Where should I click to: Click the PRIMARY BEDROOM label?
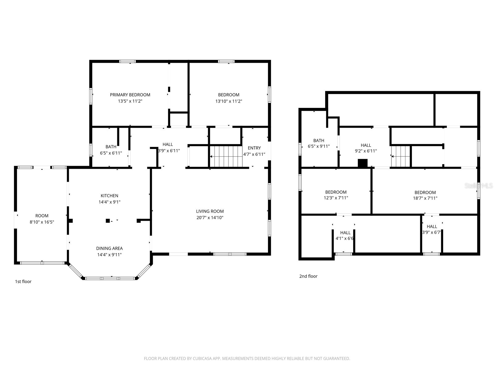pyautogui.click(x=130, y=95)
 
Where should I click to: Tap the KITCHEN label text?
pyautogui.click(x=109, y=196)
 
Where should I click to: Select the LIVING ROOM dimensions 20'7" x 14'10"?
pyautogui.click(x=210, y=218)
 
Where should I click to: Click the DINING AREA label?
pyautogui.click(x=109, y=248)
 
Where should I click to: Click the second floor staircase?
pyautogui.click(x=400, y=156)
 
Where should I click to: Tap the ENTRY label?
pyautogui.click(x=254, y=148)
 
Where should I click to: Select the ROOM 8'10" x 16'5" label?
pyautogui.click(x=42, y=219)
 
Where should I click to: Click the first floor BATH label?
pyautogui.click(x=111, y=147)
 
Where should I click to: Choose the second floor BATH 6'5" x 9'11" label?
pyautogui.click(x=319, y=143)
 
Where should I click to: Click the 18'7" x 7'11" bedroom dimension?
pyautogui.click(x=425, y=198)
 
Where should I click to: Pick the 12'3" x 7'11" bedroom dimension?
pyautogui.click(x=336, y=198)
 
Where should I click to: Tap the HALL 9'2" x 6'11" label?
pyautogui.click(x=366, y=148)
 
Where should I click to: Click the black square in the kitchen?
pyautogui.click(x=108, y=221)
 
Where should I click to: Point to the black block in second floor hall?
pyautogui.click(x=362, y=163)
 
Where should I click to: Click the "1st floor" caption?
pyautogui.click(x=23, y=282)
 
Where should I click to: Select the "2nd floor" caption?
pyautogui.click(x=308, y=276)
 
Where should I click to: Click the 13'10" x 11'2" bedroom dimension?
pyautogui.click(x=228, y=101)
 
